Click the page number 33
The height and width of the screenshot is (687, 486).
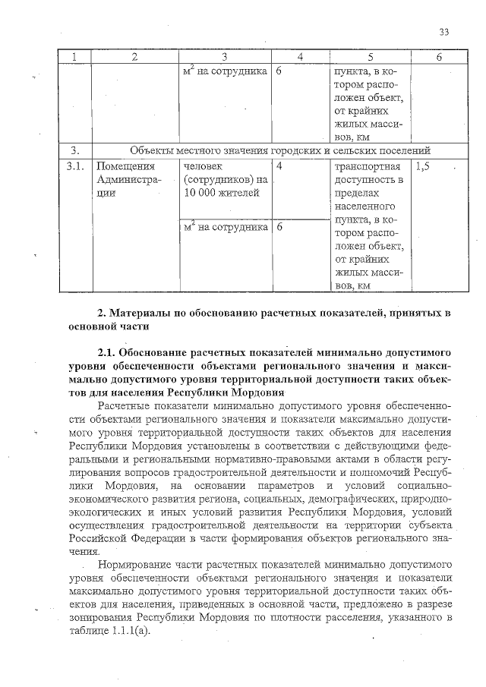445,31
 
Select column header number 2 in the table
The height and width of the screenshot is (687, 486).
134,57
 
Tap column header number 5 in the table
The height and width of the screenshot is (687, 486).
370,57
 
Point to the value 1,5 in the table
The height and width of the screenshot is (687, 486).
424,165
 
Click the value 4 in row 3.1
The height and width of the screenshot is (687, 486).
279,165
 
